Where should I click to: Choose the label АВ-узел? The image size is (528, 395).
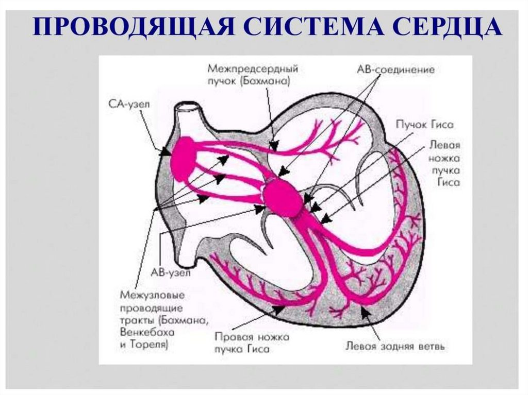tap(174, 273)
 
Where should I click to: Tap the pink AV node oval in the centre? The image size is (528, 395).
tap(283, 197)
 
